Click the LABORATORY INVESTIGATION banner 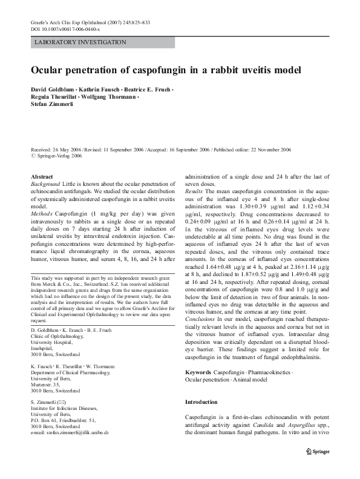point(80,42)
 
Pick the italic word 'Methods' point(43,214)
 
